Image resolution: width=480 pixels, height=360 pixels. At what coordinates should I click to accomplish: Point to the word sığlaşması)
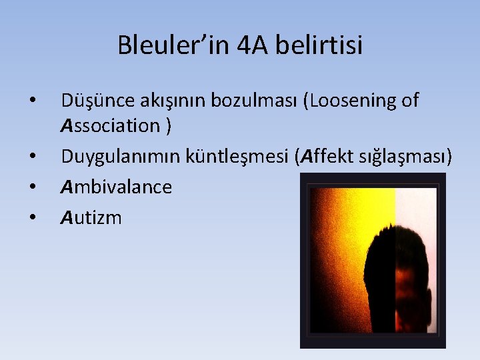click(408, 157)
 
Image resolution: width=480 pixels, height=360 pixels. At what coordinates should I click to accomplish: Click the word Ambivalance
click(116, 187)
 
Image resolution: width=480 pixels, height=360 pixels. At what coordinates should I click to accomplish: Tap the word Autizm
click(91, 217)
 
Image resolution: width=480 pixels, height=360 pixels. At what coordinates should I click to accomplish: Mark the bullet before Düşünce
click(32, 101)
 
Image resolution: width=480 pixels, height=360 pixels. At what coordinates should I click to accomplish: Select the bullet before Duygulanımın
click(32, 157)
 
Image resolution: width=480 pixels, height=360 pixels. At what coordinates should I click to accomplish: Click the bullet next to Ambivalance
click(32, 187)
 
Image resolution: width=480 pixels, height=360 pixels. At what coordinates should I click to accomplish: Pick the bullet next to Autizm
click(32, 217)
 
